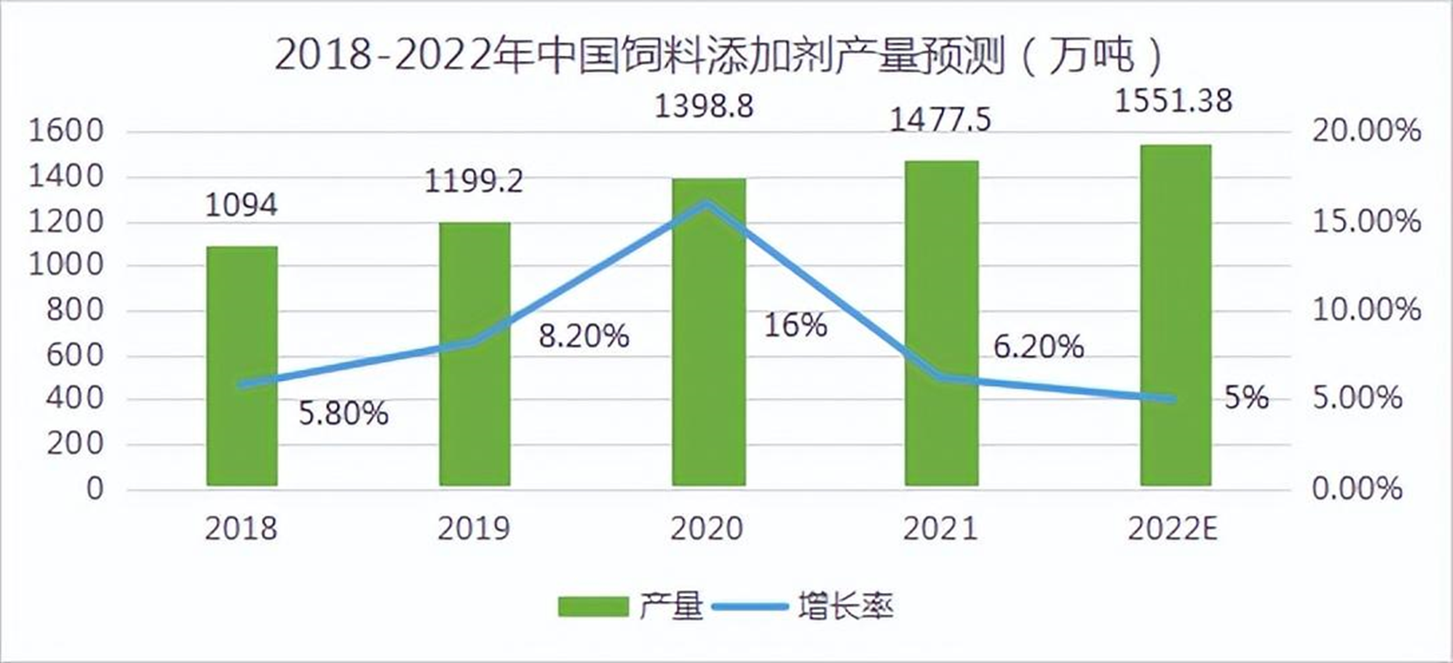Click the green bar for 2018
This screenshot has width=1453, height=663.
click(x=242, y=366)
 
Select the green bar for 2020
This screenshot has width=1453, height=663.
click(x=708, y=331)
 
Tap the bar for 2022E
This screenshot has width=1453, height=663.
click(x=1175, y=314)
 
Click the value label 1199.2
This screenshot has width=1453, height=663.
click(x=474, y=181)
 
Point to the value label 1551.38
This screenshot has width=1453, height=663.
click(x=1174, y=101)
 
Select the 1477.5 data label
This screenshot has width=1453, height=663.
click(x=940, y=119)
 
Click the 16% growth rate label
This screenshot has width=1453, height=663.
click(x=795, y=325)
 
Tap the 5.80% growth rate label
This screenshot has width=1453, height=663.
click(x=343, y=414)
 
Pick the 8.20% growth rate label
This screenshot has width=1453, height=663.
click(x=583, y=336)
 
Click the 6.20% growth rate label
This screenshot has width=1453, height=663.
click(x=1038, y=347)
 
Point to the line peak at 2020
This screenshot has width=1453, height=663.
click(x=708, y=202)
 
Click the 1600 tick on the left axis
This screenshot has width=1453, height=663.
click(x=66, y=132)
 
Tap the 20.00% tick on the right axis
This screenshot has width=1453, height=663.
click(x=1367, y=132)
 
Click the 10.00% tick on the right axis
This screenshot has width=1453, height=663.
click(x=1367, y=310)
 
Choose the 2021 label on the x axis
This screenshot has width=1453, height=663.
click(x=940, y=529)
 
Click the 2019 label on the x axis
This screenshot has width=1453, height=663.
click(x=474, y=529)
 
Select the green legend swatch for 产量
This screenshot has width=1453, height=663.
click(x=593, y=606)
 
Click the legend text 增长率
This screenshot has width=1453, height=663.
click(x=845, y=606)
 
